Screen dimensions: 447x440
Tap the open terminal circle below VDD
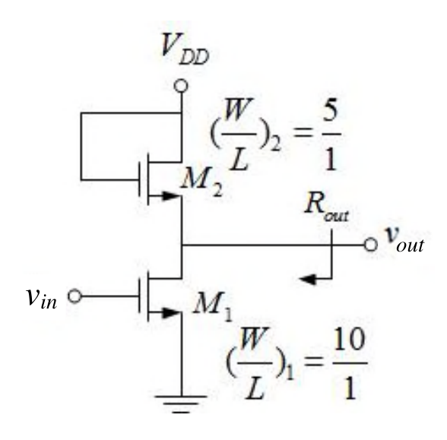pyautogui.click(x=181, y=85)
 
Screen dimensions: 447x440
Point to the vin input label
pyautogui.click(x=41, y=299)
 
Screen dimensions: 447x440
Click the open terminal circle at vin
pyautogui.click(x=74, y=296)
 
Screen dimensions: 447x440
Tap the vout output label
pyautogui.click(x=404, y=240)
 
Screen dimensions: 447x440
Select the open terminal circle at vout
pyautogui.click(x=371, y=245)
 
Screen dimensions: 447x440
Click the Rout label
pyautogui.click(x=327, y=207)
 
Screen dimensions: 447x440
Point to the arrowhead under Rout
pyautogui.click(x=307, y=279)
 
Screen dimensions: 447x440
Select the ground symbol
pyautogui.click(x=181, y=404)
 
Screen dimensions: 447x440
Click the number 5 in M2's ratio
pyautogui.click(x=331, y=116)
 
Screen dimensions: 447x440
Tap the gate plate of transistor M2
pyautogui.click(x=140, y=179)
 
